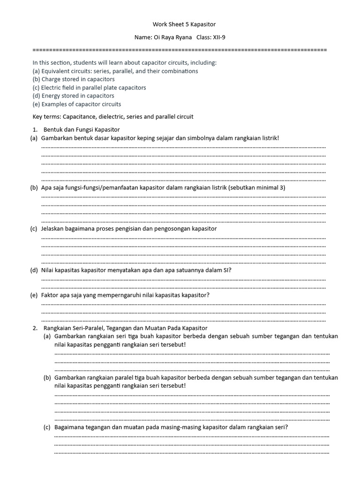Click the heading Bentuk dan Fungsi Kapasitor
click(82, 129)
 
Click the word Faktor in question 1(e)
click(51, 295)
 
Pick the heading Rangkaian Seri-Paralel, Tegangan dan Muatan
click(125, 328)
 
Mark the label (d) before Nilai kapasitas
click(34, 270)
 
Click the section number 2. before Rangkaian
click(35, 328)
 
